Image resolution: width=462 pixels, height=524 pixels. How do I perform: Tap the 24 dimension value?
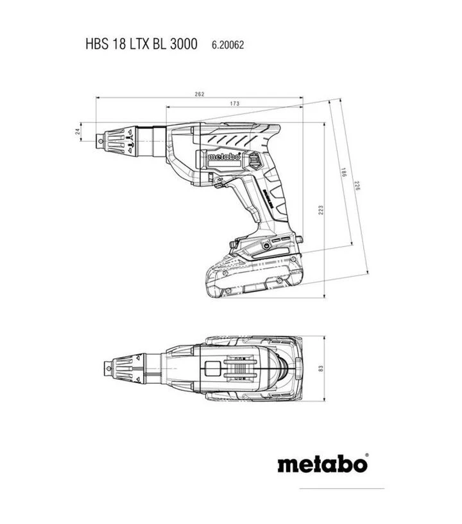78,131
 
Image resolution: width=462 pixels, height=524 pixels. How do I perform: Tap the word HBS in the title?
96,45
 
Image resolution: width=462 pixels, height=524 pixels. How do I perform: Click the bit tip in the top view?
108,367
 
